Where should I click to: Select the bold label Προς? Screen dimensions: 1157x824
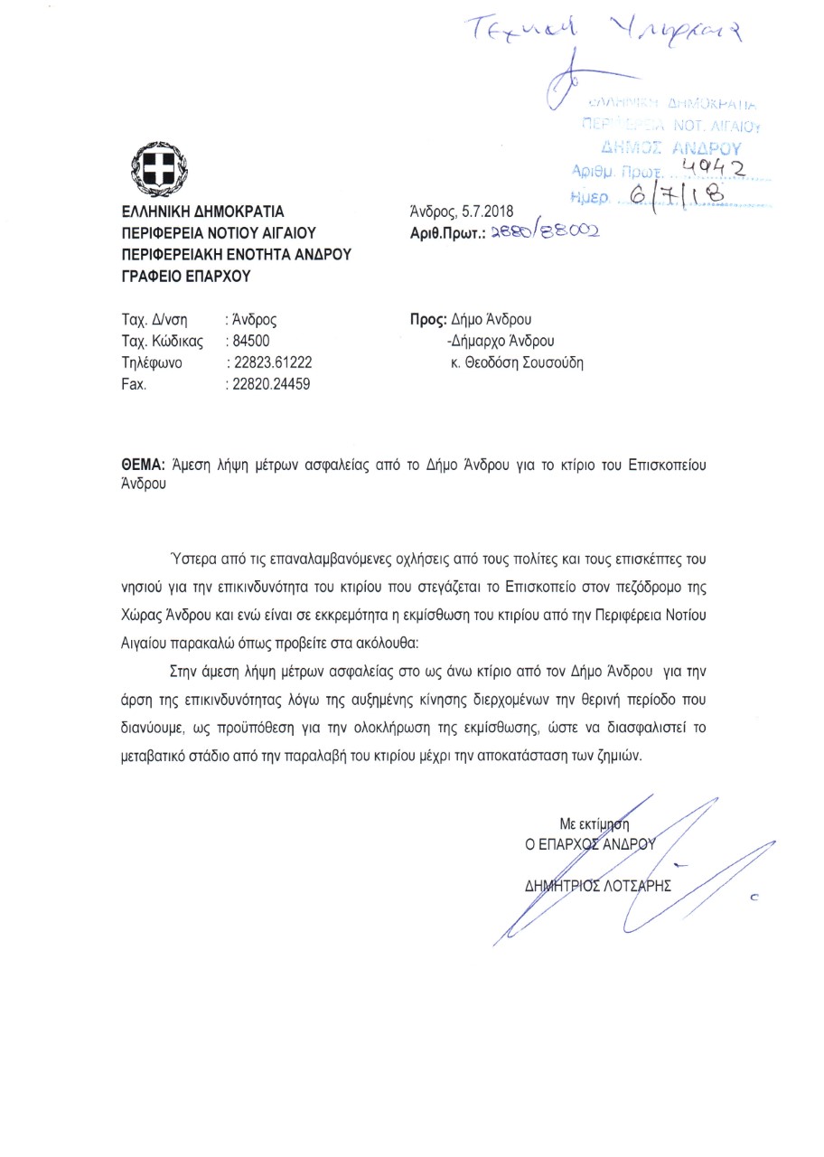coord(425,320)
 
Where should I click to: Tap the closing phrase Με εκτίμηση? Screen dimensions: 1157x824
coord(593,823)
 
